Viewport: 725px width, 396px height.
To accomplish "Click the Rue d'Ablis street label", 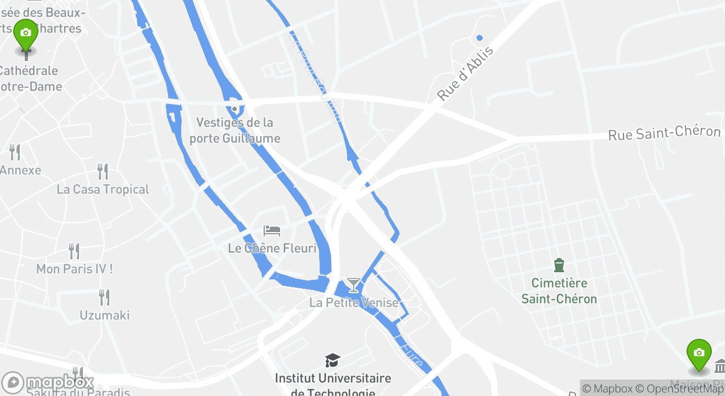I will [466, 74].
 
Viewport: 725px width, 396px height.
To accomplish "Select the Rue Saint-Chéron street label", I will [664, 133].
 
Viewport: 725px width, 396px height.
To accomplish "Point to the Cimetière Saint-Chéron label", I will [559, 291].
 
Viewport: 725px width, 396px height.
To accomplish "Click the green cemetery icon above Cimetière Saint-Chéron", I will [559, 266].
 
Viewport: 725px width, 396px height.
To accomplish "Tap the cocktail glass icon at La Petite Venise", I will [354, 284].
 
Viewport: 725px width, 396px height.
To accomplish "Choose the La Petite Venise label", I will [354, 302].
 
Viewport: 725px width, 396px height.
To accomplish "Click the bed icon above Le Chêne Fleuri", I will [272, 230].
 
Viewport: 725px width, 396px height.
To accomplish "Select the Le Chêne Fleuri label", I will [272, 248].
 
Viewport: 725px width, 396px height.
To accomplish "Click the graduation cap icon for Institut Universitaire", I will [332, 360].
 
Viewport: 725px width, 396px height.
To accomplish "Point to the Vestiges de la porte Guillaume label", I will [235, 130].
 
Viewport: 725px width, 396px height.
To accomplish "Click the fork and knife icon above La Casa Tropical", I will [103, 171].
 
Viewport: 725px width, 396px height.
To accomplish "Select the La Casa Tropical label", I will [103, 189].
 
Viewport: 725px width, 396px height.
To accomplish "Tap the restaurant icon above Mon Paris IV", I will [74, 251].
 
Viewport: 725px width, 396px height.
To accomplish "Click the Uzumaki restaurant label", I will [104, 315].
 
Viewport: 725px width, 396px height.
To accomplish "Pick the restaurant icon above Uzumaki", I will [104, 297].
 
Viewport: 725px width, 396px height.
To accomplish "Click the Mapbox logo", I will [48, 382].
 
